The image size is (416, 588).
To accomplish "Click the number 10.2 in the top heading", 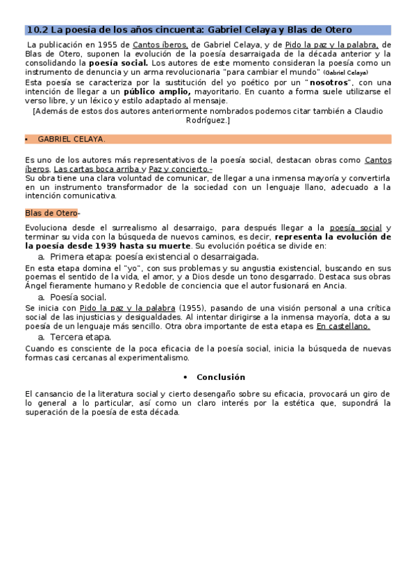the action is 37,30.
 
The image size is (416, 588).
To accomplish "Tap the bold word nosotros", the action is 330,82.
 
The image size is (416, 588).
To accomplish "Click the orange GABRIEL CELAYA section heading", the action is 72,139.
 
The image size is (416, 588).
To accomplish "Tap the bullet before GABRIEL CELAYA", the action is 27,139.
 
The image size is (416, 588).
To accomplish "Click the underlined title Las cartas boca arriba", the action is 96,168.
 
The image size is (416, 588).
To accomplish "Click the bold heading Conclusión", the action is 221,377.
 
